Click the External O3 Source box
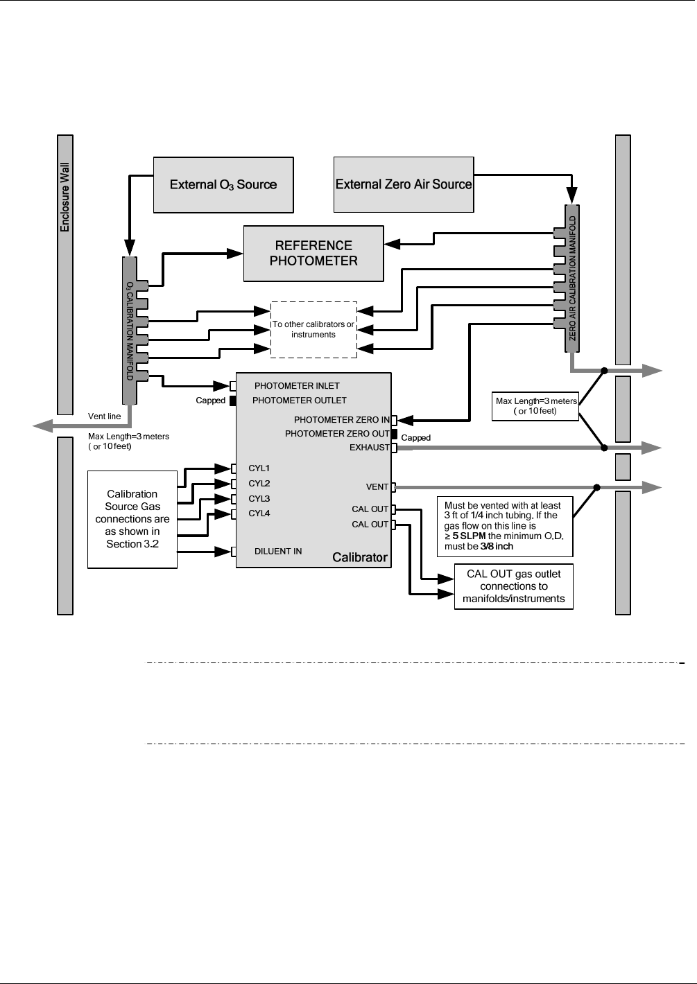coord(223,185)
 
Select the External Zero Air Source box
coord(404,184)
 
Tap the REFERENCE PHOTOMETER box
coord(313,254)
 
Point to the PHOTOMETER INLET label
coord(297,386)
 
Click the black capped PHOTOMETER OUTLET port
coord(233,401)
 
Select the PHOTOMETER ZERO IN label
coord(342,420)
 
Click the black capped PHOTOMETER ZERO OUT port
coord(394,434)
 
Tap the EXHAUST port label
coord(370,448)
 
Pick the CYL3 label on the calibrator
coord(259,499)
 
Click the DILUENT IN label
coord(278,552)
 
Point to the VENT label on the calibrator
coord(377,487)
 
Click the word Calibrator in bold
coord(360,557)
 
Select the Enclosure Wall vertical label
coord(64,197)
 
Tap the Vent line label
coord(104,416)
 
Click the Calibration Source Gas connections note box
coord(132,520)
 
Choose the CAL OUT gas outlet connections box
coord(514,586)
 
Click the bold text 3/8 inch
coord(497,547)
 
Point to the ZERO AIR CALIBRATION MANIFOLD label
coord(572,279)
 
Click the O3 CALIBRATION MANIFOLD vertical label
coord(129,331)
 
